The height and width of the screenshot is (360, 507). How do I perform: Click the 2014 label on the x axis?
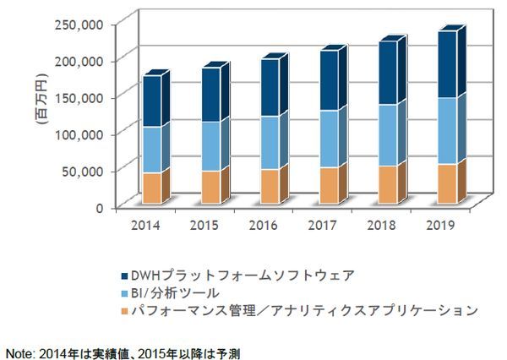tap(147, 226)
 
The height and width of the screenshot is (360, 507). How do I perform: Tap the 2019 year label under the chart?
tap(439, 226)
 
